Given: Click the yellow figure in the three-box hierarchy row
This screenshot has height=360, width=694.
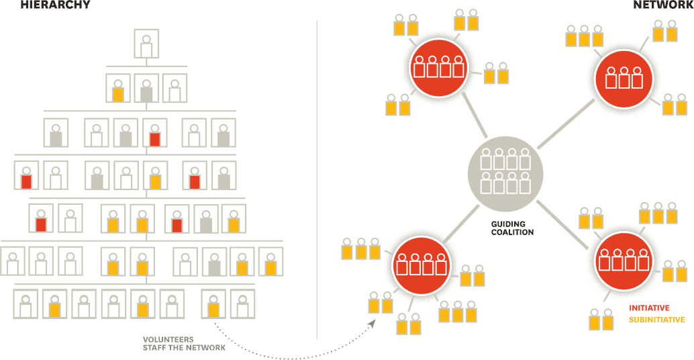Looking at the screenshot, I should (118, 88).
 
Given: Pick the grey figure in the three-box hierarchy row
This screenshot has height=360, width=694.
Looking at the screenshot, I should (146, 88).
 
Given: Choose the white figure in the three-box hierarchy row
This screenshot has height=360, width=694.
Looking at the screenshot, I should (175, 88).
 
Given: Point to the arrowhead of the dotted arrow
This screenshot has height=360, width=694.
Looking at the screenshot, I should (370, 323).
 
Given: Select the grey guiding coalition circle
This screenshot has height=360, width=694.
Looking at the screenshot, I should (505, 171).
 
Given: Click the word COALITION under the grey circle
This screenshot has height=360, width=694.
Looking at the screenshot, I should (511, 232).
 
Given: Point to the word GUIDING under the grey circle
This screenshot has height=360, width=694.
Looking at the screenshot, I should (508, 224).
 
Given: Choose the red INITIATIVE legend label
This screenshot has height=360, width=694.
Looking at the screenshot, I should (649, 308).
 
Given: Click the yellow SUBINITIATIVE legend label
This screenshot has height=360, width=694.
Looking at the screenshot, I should (656, 320).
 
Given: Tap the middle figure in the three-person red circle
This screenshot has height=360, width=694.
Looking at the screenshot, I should (625, 78).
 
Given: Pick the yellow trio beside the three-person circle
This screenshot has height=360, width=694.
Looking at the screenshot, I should (584, 36).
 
